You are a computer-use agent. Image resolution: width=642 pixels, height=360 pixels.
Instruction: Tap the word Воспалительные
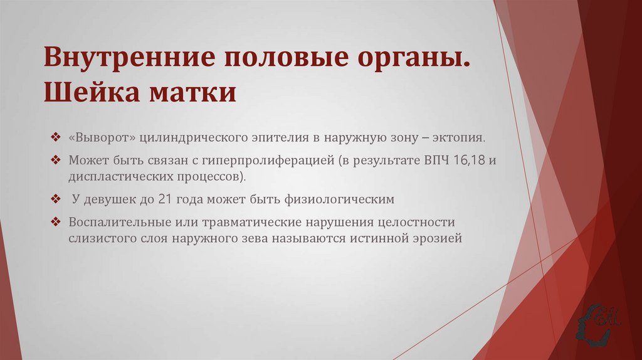[x=120, y=223]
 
